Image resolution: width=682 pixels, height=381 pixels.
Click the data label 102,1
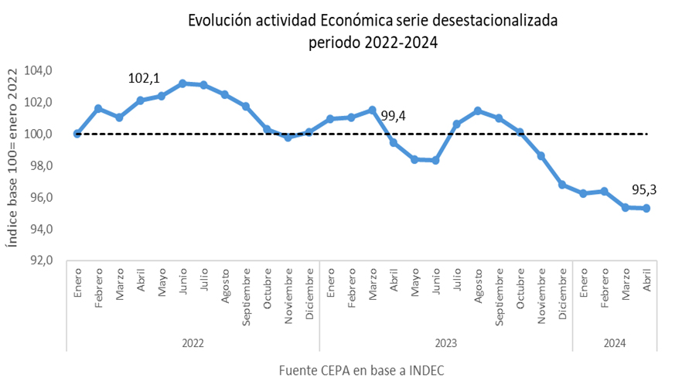click(x=144, y=79)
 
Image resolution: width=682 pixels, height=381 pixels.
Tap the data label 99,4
click(x=394, y=117)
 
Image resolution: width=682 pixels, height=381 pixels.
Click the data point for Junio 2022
click(x=182, y=83)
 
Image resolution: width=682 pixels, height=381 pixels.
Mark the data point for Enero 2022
click(x=77, y=134)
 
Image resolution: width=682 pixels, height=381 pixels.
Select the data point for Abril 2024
click(x=646, y=208)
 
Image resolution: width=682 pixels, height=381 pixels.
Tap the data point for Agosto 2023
click(x=478, y=111)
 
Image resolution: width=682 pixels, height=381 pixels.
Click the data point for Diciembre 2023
click(x=562, y=185)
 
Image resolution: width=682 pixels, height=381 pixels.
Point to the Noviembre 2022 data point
click(x=288, y=138)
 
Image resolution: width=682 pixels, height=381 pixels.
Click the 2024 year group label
click(x=615, y=341)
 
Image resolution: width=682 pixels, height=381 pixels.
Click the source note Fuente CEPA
click(x=361, y=370)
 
